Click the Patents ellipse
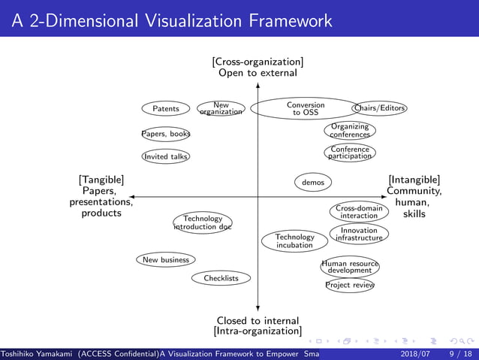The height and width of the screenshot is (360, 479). pos(166,109)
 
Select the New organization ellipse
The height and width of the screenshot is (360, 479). pos(221,109)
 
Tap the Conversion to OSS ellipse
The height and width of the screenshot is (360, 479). pos(306,109)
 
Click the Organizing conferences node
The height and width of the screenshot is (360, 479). pos(350,131)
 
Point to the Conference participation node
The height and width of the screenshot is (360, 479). pos(350,153)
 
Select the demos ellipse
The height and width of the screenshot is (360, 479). pos(312,182)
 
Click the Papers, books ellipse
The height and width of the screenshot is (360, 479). pos(166,134)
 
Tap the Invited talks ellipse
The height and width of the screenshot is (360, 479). pos(166,156)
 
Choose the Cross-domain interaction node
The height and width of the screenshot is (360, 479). pos(359,212)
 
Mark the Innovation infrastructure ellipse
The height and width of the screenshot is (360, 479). pos(359,234)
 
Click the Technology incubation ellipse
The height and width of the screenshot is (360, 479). pos(294,241)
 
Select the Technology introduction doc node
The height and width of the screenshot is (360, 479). pos(203,222)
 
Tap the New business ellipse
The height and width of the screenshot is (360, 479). pos(166,260)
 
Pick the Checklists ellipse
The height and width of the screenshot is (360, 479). pos(221,278)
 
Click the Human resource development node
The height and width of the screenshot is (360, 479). pos(349,267)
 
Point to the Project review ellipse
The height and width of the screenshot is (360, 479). pos(349,285)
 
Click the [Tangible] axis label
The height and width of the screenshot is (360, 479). pos(101,180)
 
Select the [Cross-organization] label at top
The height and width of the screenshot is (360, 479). pos(258,62)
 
